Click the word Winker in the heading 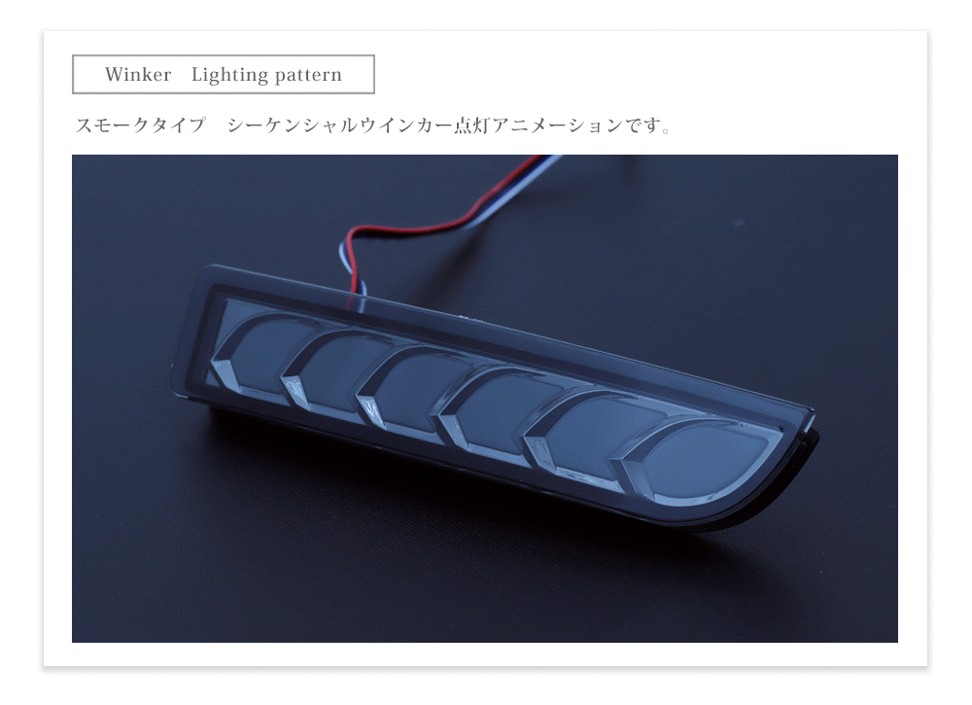pos(138,75)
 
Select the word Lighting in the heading pos(229,75)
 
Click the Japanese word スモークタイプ pos(140,126)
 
